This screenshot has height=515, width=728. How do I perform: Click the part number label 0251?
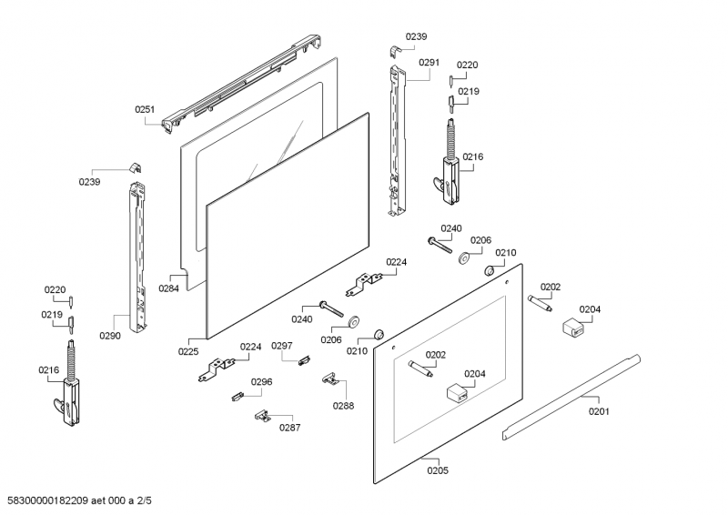pos(146,109)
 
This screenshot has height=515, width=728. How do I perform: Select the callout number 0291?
pos(430,63)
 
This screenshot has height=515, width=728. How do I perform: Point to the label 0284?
pos(168,288)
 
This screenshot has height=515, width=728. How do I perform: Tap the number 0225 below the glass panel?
pos(188,350)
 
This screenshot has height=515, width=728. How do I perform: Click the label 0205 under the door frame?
pos(438,470)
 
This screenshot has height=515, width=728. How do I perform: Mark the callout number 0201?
pos(599,411)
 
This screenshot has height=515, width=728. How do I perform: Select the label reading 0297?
pos(282,346)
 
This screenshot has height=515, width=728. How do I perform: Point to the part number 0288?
pos(343,405)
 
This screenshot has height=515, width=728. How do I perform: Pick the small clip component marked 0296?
pos(237,395)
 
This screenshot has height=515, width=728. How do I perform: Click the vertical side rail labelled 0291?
pos(395,141)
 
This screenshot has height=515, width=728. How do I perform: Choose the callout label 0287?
pos(289,428)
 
